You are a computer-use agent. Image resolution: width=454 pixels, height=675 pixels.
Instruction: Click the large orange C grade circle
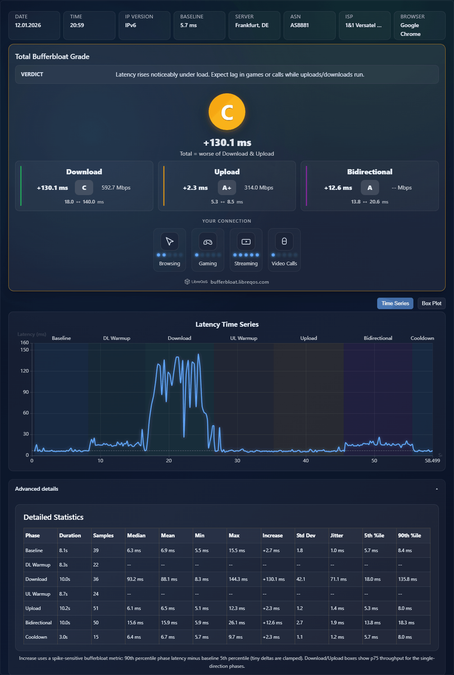(226, 112)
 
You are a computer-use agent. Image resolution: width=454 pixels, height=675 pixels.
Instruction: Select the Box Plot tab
(431, 303)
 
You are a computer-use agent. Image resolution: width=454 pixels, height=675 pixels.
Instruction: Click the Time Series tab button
(395, 303)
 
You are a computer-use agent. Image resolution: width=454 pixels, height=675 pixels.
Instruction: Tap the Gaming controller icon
(208, 242)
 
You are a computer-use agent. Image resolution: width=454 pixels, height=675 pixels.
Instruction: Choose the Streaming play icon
(246, 242)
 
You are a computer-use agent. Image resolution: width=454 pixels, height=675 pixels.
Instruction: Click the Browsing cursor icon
(170, 242)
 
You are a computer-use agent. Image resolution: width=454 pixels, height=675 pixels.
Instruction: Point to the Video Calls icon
(284, 242)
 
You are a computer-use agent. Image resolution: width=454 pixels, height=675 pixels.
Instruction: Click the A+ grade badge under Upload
(226, 188)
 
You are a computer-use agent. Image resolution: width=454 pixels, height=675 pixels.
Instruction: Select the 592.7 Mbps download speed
(116, 187)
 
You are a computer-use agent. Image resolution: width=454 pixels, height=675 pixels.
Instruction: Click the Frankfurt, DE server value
(252, 25)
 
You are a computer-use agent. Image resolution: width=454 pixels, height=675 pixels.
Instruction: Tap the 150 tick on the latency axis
(25, 349)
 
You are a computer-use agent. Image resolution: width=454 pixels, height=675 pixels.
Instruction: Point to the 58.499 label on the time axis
(432, 461)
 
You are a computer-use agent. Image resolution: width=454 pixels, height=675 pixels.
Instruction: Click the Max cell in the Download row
(238, 579)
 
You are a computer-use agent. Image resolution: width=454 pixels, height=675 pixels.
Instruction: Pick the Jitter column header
(337, 535)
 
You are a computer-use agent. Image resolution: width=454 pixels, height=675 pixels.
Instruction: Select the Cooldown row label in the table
(36, 637)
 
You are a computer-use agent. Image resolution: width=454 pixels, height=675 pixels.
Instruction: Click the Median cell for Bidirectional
(135, 623)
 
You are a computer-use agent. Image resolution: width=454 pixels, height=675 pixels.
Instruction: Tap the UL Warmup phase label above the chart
(243, 338)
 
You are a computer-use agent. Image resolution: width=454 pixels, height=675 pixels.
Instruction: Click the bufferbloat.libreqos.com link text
(240, 282)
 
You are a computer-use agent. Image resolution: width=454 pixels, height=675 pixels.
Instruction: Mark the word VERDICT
(32, 74)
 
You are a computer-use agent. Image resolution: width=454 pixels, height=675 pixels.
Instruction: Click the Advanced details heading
(37, 489)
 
